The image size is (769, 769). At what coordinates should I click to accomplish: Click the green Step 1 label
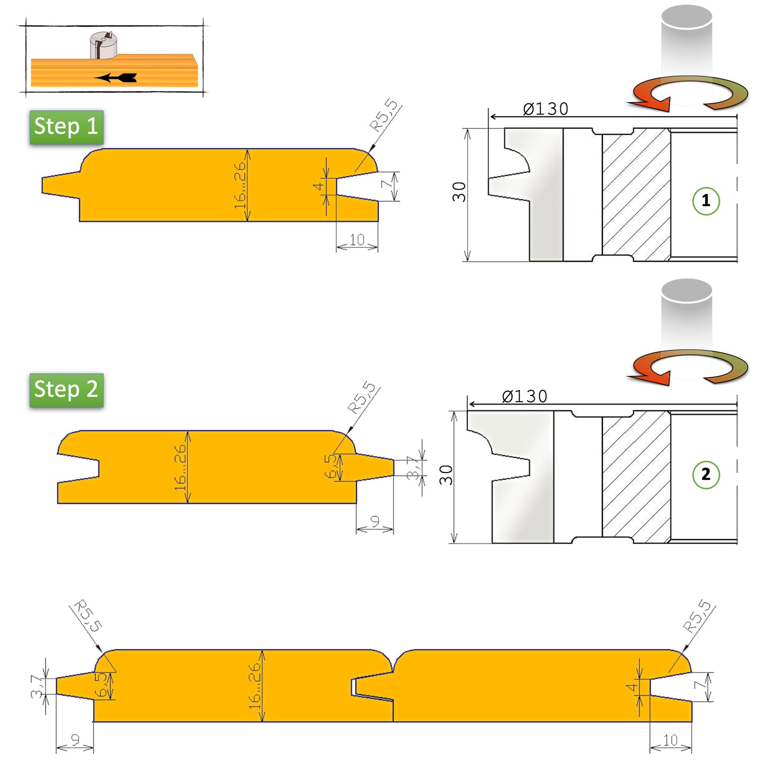coord(66,127)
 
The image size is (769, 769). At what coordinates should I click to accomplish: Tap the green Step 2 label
coord(66,390)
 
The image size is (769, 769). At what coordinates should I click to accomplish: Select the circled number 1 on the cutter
coord(706,201)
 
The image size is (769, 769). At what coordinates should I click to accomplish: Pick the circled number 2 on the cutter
coord(706,474)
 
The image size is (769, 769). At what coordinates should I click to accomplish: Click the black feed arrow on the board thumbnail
coord(117,78)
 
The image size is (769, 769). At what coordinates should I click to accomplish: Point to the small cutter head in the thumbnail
coord(103,45)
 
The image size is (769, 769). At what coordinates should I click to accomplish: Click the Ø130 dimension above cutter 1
coord(545,109)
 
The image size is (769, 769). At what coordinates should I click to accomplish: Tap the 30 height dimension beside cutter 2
coord(446,475)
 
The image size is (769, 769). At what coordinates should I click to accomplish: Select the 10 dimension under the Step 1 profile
coord(357,240)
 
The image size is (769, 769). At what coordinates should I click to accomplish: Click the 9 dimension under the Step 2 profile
coord(375,522)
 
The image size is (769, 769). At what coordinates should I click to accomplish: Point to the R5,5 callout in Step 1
coord(384,115)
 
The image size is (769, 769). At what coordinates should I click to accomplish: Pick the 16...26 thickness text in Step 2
coord(180,467)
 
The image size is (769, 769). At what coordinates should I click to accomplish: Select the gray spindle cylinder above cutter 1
coord(687,43)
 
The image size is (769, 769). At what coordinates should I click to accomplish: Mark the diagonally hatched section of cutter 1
coord(636,195)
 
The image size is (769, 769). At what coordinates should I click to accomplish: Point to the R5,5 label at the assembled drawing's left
coord(87,616)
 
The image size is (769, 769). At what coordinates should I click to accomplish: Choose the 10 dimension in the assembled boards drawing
coord(670,740)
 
